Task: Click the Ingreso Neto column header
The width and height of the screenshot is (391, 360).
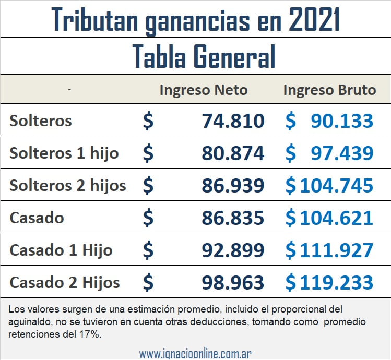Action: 204,90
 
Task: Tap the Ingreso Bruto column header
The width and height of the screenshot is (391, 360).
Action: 329,90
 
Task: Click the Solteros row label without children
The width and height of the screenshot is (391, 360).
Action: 41,121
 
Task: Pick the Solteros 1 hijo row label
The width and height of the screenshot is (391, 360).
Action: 64,153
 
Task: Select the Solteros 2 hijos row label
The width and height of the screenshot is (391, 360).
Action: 68,185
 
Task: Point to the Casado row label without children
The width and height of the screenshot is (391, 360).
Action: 37,218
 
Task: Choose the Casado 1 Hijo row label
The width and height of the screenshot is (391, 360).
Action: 61,250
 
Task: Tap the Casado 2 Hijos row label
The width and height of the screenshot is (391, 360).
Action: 65,282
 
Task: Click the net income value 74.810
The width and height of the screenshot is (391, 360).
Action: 233,121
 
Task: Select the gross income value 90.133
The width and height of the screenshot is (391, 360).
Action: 342,121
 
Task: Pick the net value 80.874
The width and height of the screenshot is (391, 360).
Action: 233,153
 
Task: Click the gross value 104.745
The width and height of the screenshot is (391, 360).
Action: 336,185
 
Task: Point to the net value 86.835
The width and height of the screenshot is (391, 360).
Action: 233,218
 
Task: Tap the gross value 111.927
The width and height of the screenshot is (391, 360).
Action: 336,250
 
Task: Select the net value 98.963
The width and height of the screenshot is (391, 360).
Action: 233,282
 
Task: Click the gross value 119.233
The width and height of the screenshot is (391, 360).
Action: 336,282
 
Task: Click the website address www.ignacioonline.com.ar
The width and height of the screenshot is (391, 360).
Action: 195,353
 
